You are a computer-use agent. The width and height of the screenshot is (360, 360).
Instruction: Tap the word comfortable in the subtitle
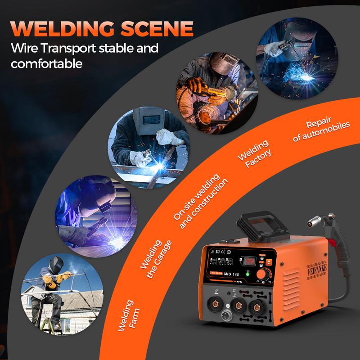pyautogui.click(x=47, y=63)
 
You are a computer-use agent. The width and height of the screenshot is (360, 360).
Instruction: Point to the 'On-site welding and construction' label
pyautogui.click(x=200, y=200)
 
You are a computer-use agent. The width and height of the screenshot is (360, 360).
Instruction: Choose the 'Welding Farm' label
pyautogui.click(x=128, y=315)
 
